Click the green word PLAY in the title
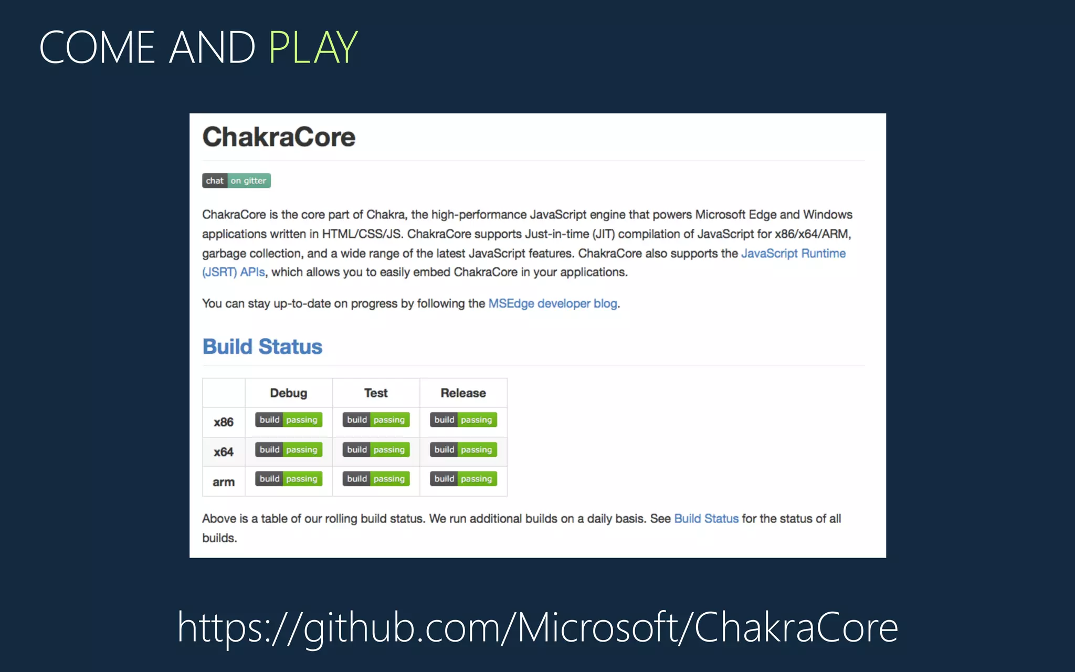click(313, 47)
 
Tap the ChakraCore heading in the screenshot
click(279, 137)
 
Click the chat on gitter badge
click(236, 181)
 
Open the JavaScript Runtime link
click(793, 254)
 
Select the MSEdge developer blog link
click(552, 303)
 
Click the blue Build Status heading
click(262, 346)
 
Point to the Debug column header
click(288, 393)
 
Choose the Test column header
click(376, 393)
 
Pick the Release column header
click(463, 393)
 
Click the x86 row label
click(224, 422)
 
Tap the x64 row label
click(224, 451)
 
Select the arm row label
click(224, 482)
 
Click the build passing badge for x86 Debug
click(288, 419)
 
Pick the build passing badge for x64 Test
click(376, 449)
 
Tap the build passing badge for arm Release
click(463, 479)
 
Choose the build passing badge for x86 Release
click(463, 419)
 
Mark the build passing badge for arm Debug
click(288, 479)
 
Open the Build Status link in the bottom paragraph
click(706, 519)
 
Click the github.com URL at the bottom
click(537, 627)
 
